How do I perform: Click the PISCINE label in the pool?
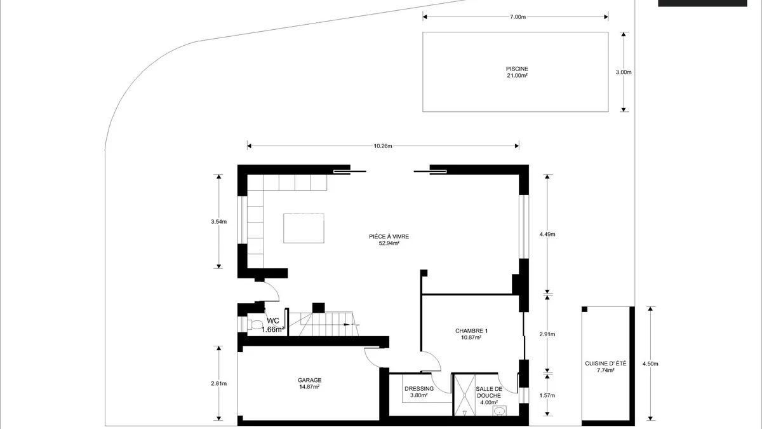pos(517,69)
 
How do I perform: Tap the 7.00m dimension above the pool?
pos(518,17)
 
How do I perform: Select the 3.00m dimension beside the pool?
pos(624,72)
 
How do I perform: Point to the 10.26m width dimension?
pos(383,146)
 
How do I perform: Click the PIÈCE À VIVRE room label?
pos(389,236)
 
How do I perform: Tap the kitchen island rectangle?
pos(304,228)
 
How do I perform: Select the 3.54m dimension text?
pos(218,222)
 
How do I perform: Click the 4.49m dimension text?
pos(547,235)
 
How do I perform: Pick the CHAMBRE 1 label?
pos(471,331)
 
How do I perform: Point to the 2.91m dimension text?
pos(547,334)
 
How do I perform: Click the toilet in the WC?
pos(255,324)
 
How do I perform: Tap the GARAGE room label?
pos(310,380)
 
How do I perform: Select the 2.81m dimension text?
pos(218,383)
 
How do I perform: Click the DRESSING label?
pos(419,389)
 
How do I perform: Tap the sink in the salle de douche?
pos(499,411)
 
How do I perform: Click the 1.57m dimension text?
pos(547,395)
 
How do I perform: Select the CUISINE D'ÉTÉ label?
pos(606,364)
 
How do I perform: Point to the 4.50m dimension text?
pos(650,364)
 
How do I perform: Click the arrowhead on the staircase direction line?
pos(347,325)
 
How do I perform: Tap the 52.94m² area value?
pos(389,243)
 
